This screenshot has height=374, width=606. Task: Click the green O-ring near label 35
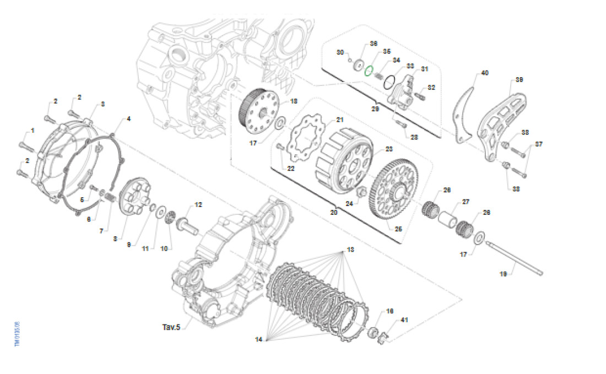pyautogui.click(x=370, y=70)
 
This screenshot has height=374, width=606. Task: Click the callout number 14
pyautogui.click(x=258, y=340)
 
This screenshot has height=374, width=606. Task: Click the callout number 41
pyautogui.click(x=404, y=320)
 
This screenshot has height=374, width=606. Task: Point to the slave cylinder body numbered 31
pyautogui.click(x=404, y=90)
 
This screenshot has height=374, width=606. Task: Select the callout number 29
pyautogui.click(x=376, y=110)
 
